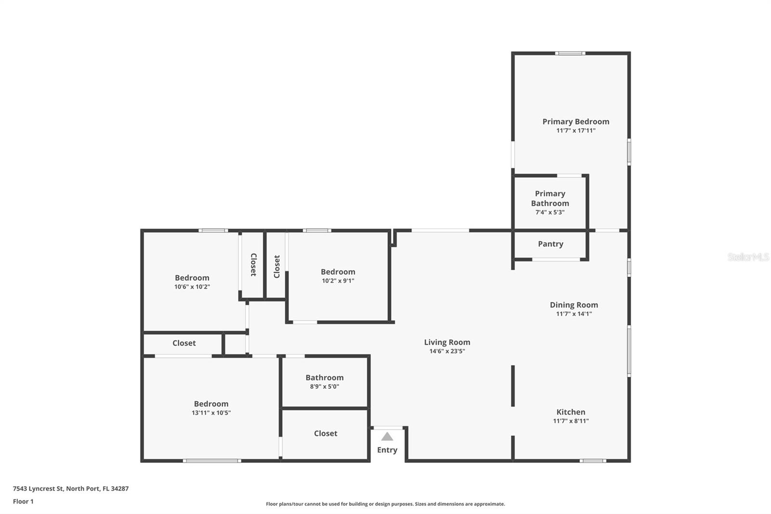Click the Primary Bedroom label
[x=576, y=122]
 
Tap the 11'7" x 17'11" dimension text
[x=576, y=131]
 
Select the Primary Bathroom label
[x=550, y=199]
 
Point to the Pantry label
[x=551, y=244]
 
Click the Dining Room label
[x=574, y=305]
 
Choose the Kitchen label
[x=571, y=412]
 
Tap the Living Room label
[x=447, y=342]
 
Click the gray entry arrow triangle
[x=387, y=436]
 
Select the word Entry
[x=387, y=450]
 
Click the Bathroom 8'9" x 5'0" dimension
[x=325, y=387]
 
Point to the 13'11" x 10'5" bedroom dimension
[x=212, y=413]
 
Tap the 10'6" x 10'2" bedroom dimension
[x=192, y=286]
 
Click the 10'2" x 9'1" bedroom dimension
[x=338, y=281]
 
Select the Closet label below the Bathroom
[x=326, y=433]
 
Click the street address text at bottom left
[x=71, y=488]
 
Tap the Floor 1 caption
[x=24, y=501]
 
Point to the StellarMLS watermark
[x=748, y=257]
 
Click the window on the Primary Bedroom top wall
[x=570, y=54]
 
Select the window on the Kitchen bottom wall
[x=593, y=460]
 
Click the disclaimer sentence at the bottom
[x=385, y=504]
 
